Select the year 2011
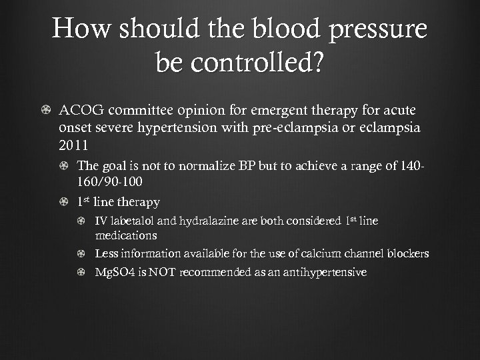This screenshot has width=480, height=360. pyautogui.click(x=73, y=146)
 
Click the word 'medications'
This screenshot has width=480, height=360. pyautogui.click(x=126, y=235)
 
